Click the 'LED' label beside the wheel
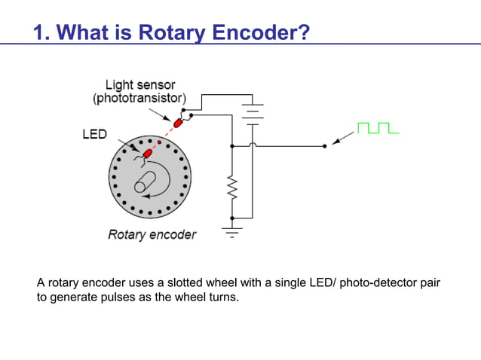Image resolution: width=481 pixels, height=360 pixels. click(94, 135)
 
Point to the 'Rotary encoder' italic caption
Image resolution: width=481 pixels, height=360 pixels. click(152, 234)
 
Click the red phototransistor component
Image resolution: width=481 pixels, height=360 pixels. click(179, 122)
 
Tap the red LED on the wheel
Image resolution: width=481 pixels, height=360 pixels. click(148, 153)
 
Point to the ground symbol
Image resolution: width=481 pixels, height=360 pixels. click(232, 229)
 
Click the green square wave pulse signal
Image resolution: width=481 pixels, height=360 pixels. click(378, 127)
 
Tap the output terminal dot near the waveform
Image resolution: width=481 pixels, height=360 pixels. click(324, 145)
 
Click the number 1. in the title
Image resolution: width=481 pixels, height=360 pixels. click(41, 32)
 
